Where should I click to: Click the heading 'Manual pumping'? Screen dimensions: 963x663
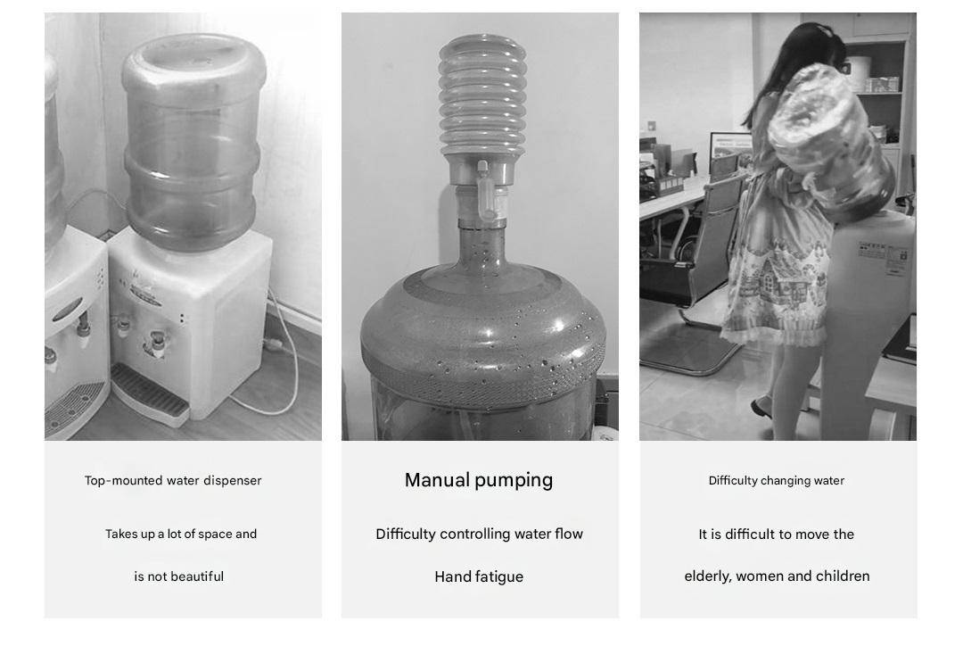click(479, 480)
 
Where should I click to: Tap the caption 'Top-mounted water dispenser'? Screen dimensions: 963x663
click(173, 480)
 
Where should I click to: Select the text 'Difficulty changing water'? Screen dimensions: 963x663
click(777, 480)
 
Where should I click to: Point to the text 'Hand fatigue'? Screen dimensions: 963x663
click(479, 577)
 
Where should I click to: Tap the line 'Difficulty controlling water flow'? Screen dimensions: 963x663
click(479, 534)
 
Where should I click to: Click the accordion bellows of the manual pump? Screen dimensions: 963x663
click(482, 95)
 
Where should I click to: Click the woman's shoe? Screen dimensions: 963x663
click(761, 408)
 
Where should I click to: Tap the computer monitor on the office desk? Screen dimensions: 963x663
click(730, 151)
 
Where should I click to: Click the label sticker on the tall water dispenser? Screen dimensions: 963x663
click(883, 258)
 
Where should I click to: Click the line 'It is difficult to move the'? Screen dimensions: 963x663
click(777, 534)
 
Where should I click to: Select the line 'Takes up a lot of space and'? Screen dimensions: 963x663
click(181, 534)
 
